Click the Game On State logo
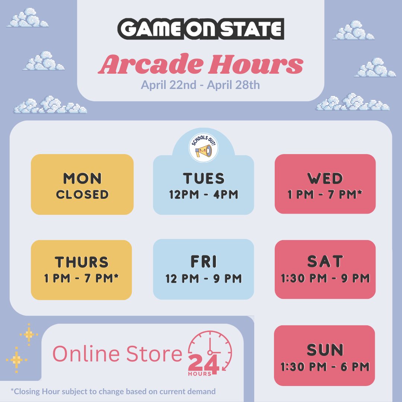click(x=201, y=29)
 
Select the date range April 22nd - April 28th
click(x=200, y=85)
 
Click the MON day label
click(x=82, y=179)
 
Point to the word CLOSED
click(x=82, y=194)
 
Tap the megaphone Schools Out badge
click(x=203, y=148)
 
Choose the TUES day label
click(x=204, y=178)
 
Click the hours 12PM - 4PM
click(x=203, y=194)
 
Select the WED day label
click(x=325, y=179)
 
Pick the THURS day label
click(x=82, y=262)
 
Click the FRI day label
click(x=203, y=262)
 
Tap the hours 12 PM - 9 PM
click(x=204, y=278)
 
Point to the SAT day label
click(x=325, y=262)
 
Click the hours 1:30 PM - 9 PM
click(x=325, y=278)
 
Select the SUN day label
click(x=325, y=350)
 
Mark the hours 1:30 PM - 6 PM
click(x=325, y=367)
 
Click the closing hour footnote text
click(x=113, y=391)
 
